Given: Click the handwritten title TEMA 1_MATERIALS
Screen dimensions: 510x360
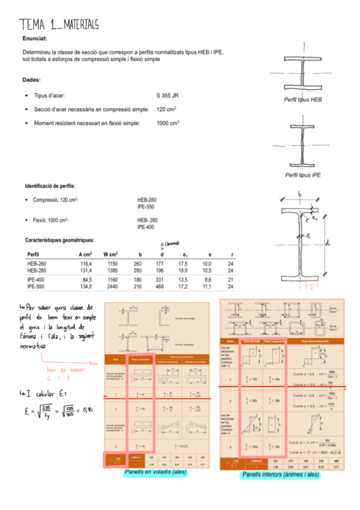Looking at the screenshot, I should pyautogui.click(x=58, y=24).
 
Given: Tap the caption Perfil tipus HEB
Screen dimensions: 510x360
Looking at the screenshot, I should pyautogui.click(x=303, y=99).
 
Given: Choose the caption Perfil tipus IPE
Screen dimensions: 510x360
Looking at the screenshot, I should pyautogui.click(x=303, y=175).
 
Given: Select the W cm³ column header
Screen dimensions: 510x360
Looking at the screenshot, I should pyautogui.click(x=109, y=254).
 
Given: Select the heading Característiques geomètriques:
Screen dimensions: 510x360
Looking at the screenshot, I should pyautogui.click(x=59, y=239).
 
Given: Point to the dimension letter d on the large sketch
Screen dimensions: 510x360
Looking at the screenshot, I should pyautogui.click(x=327, y=243).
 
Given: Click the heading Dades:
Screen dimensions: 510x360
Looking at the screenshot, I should pyautogui.click(x=31, y=79).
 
